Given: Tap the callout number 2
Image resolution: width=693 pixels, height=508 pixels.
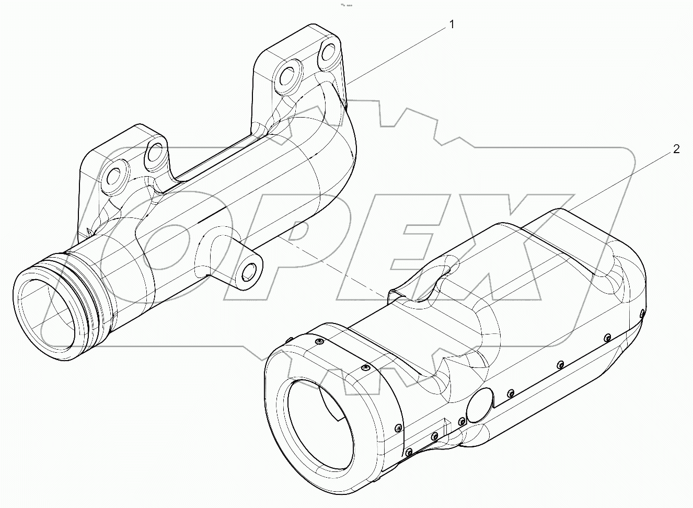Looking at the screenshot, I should click(x=676, y=149).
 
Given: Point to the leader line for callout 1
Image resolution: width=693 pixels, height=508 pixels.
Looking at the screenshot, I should click(x=397, y=54).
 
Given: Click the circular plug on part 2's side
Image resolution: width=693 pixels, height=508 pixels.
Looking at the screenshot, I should click(x=480, y=405).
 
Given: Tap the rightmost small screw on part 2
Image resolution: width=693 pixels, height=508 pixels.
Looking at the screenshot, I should click(x=642, y=314).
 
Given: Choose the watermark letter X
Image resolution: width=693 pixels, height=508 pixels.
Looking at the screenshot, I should click(x=523, y=251).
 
